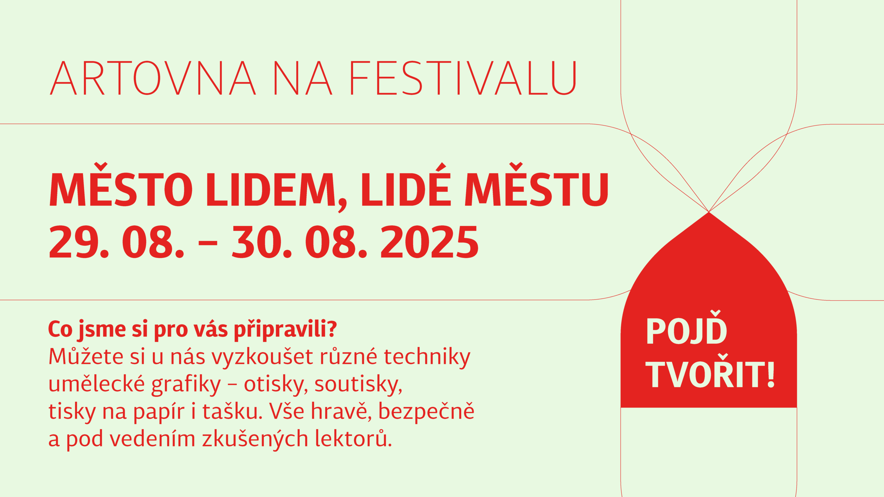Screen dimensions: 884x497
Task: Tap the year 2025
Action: [430, 242]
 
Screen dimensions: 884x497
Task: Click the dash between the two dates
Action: [208, 242]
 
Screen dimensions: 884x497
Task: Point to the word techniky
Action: [427, 358]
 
